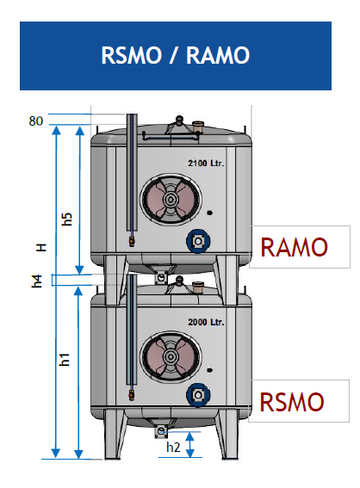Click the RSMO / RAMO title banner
click(175, 55)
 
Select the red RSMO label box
click(293, 401)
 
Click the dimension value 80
click(35, 120)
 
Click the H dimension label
click(40, 247)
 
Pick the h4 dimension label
click(37, 280)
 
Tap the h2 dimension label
click(173, 447)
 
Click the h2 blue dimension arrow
click(191, 445)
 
